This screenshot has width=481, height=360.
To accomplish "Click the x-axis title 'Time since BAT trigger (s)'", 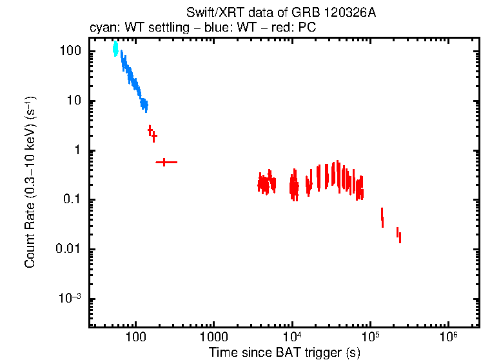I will (x=284, y=352).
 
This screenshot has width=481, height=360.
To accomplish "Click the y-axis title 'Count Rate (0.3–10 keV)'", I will (x=30, y=182).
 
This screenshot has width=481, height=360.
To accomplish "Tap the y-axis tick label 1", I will (x=76, y=150).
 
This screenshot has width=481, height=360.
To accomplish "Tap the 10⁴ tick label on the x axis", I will (x=292, y=337).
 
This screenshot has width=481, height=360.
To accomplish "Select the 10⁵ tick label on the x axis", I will (x=370, y=337).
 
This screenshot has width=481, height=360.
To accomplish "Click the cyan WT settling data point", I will (x=115, y=48).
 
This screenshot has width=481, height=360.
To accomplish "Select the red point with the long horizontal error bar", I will (x=165, y=162).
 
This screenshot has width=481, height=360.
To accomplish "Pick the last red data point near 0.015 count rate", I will (x=400, y=238).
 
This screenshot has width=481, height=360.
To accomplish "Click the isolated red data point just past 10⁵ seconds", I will (x=382, y=217).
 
